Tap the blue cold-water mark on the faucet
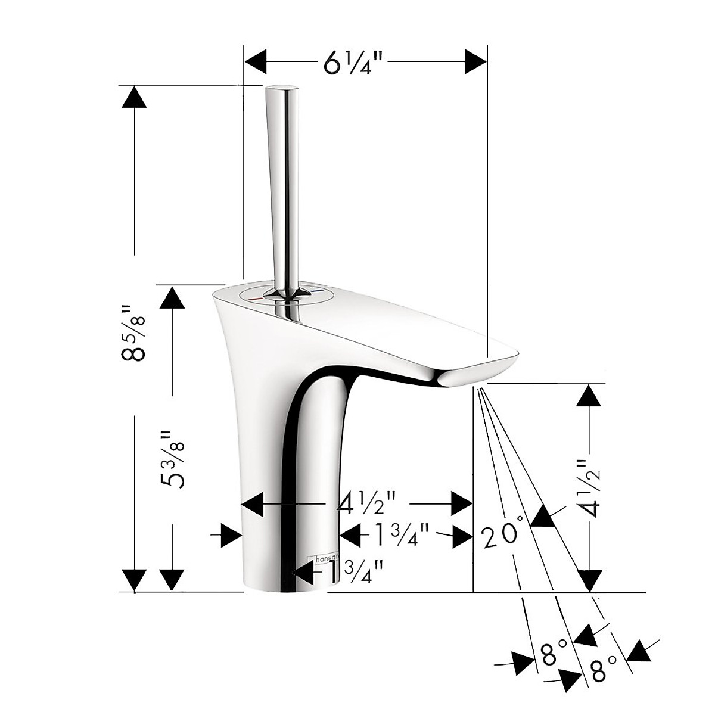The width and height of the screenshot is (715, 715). pyautogui.click(x=321, y=292)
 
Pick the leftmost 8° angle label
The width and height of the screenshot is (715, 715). pyautogui.click(x=549, y=658)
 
